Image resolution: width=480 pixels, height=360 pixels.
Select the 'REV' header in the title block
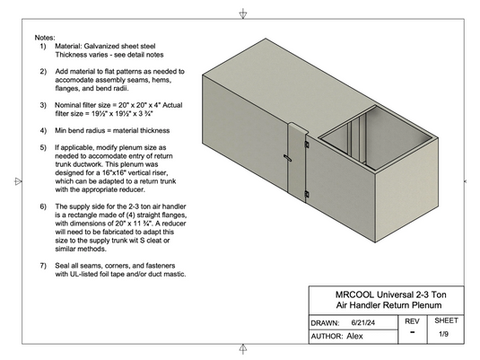point(412,320)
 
